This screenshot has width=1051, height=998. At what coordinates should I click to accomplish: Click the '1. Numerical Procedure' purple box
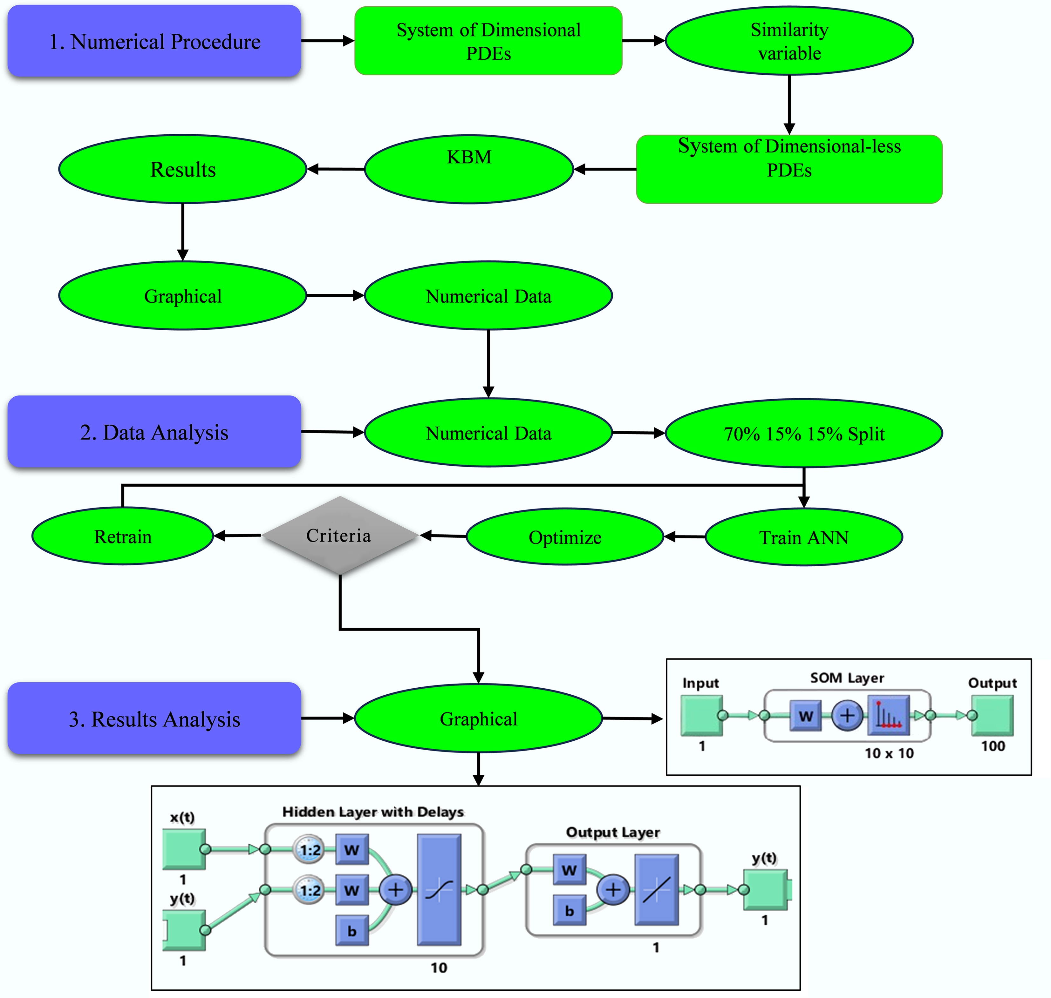click(x=154, y=42)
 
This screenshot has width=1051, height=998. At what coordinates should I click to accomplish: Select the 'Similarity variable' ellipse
click(x=789, y=41)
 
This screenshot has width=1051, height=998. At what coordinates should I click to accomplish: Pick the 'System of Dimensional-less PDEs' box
click(x=789, y=169)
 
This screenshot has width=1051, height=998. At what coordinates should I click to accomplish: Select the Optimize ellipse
click(x=565, y=537)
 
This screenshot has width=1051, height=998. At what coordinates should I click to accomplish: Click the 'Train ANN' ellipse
click(x=803, y=537)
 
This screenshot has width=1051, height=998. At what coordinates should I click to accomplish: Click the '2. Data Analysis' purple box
click(x=154, y=432)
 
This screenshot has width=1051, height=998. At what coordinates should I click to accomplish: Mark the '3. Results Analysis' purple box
click(x=154, y=719)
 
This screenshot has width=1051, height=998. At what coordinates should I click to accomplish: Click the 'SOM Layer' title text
click(x=847, y=678)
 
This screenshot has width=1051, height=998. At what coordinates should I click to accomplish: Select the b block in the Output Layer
click(x=570, y=911)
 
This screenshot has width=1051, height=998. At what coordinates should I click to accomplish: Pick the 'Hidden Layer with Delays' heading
click(x=372, y=812)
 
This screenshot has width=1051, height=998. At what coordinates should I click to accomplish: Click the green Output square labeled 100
click(x=993, y=716)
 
